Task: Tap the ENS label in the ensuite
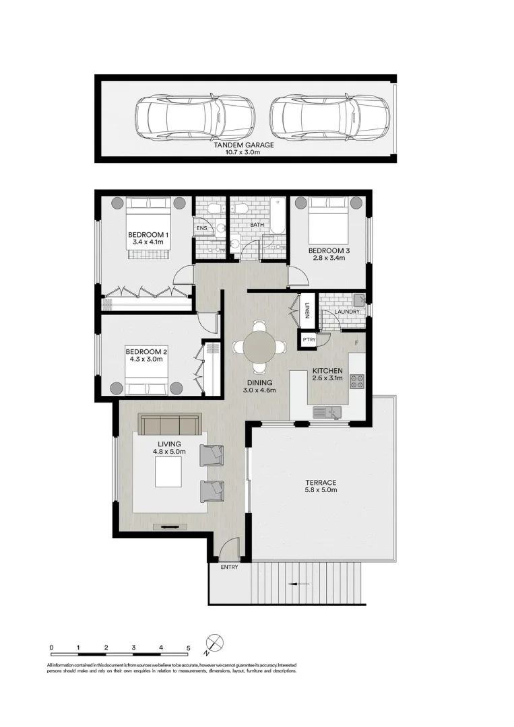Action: pyautogui.click(x=201, y=229)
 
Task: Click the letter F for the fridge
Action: pyautogui.click(x=356, y=344)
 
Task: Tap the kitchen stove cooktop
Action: pyautogui.click(x=357, y=381)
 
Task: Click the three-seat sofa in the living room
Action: pyautogui.click(x=169, y=425)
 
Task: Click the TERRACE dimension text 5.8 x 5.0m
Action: pyautogui.click(x=320, y=490)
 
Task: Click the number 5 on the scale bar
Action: pyautogui.click(x=189, y=648)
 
